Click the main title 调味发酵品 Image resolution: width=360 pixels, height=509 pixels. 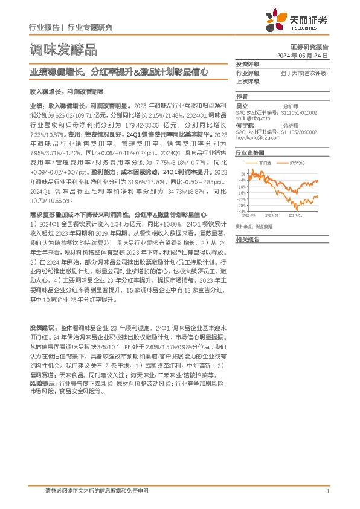tap(63, 49)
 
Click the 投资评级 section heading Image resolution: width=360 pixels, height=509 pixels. tap(248, 64)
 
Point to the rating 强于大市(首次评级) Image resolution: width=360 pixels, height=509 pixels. tap(304, 73)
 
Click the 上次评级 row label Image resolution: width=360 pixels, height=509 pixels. tap(248, 81)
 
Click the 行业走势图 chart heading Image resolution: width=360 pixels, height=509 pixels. tap(248, 154)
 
